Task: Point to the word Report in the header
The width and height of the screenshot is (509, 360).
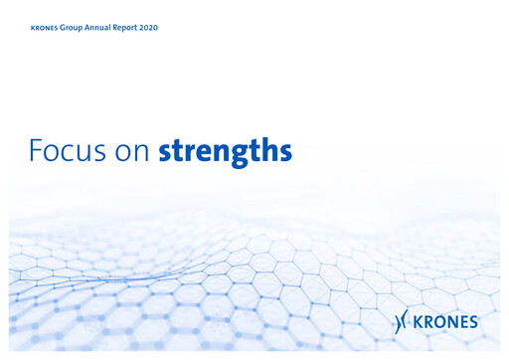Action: click(x=135, y=27)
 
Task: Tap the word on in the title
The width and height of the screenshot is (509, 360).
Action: click(x=132, y=153)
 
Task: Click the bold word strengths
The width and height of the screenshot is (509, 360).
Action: click(x=226, y=152)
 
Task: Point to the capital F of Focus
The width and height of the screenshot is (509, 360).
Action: click(x=36, y=151)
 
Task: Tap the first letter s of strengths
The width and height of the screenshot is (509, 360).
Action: click(x=165, y=154)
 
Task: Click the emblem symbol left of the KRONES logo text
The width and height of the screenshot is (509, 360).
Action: click(x=403, y=320)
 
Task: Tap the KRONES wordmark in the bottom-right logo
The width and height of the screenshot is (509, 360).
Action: click(x=447, y=321)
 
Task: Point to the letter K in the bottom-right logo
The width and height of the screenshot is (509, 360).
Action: click(x=422, y=321)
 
